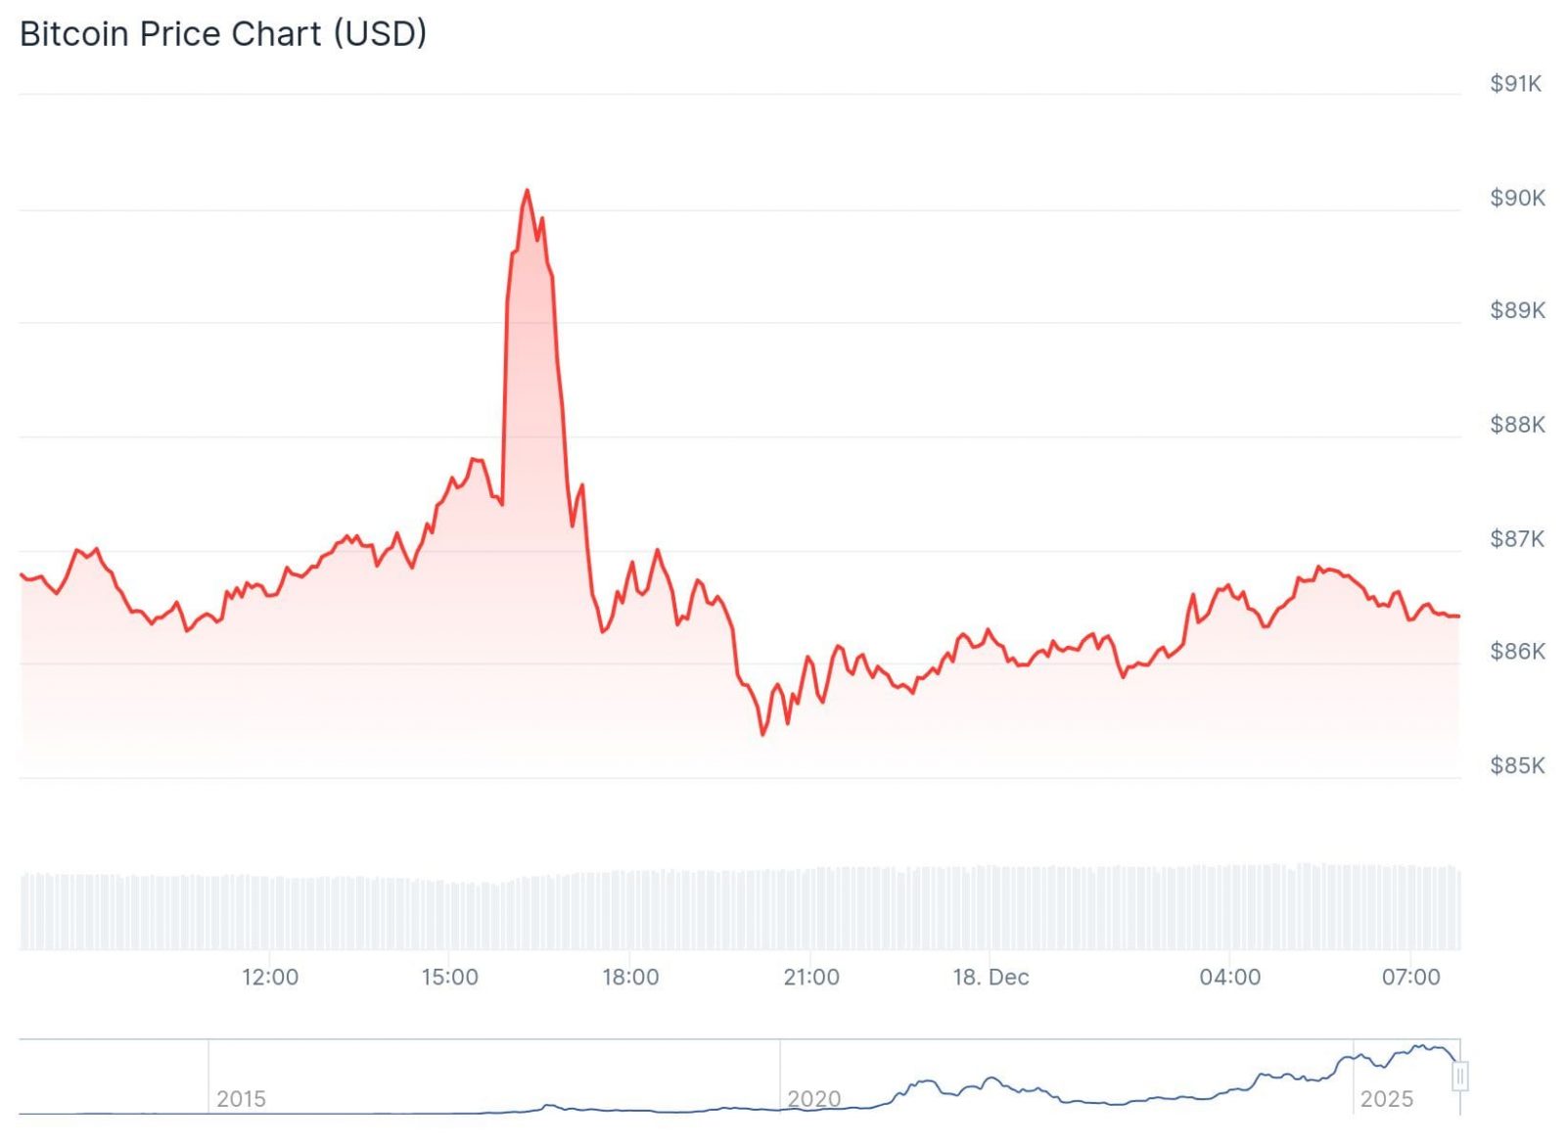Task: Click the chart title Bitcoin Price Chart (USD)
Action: click(x=223, y=34)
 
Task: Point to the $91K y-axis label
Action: click(x=1515, y=84)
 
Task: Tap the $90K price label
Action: click(x=1517, y=198)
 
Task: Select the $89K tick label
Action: click(x=1517, y=310)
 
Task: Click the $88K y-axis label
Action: click(x=1517, y=425)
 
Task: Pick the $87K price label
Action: click(x=1517, y=538)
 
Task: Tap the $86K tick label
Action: click(x=1517, y=651)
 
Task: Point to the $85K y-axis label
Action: click(x=1517, y=765)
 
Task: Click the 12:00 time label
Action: click(x=270, y=977)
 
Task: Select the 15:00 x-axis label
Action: click(x=450, y=977)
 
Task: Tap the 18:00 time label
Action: click(x=630, y=977)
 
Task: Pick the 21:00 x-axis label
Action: click(x=811, y=977)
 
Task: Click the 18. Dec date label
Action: click(x=990, y=977)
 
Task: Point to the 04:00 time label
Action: click(x=1230, y=977)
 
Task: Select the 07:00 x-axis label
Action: click(x=1410, y=977)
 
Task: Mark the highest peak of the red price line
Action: click(x=527, y=191)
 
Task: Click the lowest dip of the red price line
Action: click(x=763, y=734)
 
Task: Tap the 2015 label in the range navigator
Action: click(x=241, y=1099)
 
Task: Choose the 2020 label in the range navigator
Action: click(x=814, y=1099)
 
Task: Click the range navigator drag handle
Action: click(x=1459, y=1076)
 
